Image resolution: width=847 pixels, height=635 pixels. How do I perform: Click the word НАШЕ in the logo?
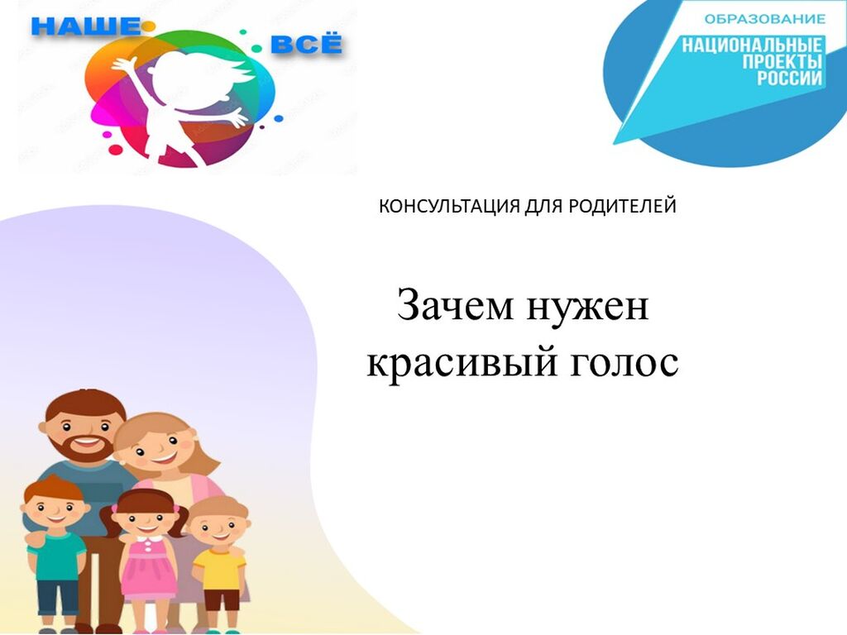pyautogui.click(x=85, y=26)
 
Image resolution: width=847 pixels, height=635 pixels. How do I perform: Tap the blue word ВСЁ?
pyautogui.click(x=306, y=45)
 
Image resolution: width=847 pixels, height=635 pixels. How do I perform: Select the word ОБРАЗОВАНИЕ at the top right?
pyautogui.click(x=764, y=20)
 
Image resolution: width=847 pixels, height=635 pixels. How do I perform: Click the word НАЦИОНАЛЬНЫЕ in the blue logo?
pyautogui.click(x=751, y=45)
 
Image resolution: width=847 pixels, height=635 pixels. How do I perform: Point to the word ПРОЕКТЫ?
pyautogui.click(x=782, y=61)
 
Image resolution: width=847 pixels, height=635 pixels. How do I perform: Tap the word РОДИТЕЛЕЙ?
pyautogui.click(x=621, y=206)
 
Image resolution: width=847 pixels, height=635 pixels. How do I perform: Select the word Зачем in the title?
pyautogui.click(x=454, y=306)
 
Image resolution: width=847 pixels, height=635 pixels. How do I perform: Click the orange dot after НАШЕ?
pyautogui.click(x=148, y=26)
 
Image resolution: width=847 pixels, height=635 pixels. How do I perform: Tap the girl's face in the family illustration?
pyautogui.click(x=145, y=519)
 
